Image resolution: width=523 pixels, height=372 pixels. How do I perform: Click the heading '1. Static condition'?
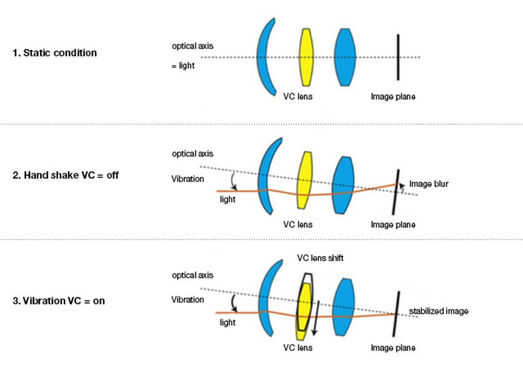click(x=54, y=53)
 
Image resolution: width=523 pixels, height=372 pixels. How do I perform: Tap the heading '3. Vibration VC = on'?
click(x=59, y=301)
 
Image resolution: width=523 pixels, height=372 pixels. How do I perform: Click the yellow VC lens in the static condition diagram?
click(x=306, y=57)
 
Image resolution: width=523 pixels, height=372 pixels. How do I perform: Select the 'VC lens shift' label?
click(x=320, y=258)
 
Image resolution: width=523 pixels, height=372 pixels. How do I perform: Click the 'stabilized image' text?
click(x=439, y=311)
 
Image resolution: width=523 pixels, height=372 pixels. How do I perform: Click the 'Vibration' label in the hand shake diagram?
click(x=187, y=178)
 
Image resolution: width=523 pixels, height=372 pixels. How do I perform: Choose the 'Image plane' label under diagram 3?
click(x=393, y=348)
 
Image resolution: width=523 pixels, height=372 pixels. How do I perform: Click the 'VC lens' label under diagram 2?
click(x=297, y=224)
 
